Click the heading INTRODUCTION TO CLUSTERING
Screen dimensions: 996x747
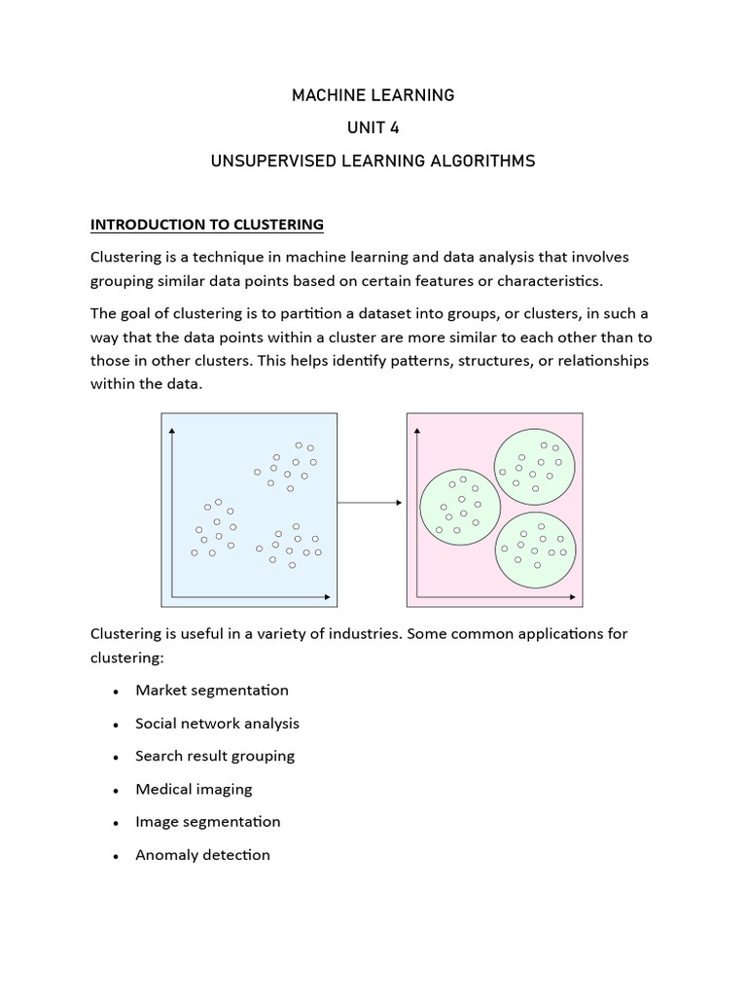[x=206, y=225]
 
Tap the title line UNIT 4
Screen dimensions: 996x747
[x=373, y=128]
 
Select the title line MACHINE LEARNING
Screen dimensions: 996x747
[x=373, y=95]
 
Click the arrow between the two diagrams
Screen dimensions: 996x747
[x=371, y=503]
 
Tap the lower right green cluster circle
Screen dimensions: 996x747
[x=535, y=550]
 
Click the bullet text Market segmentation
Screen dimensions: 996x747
[x=212, y=691]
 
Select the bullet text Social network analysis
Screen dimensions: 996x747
[x=217, y=724]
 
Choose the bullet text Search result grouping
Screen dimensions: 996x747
[x=215, y=756]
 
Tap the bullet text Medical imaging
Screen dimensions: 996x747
[x=194, y=789]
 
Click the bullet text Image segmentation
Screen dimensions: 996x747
[x=207, y=822]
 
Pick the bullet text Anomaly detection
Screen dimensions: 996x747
[x=202, y=855]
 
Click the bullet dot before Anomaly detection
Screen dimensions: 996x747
[x=116, y=857]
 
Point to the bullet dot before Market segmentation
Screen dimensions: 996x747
[x=116, y=693]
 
